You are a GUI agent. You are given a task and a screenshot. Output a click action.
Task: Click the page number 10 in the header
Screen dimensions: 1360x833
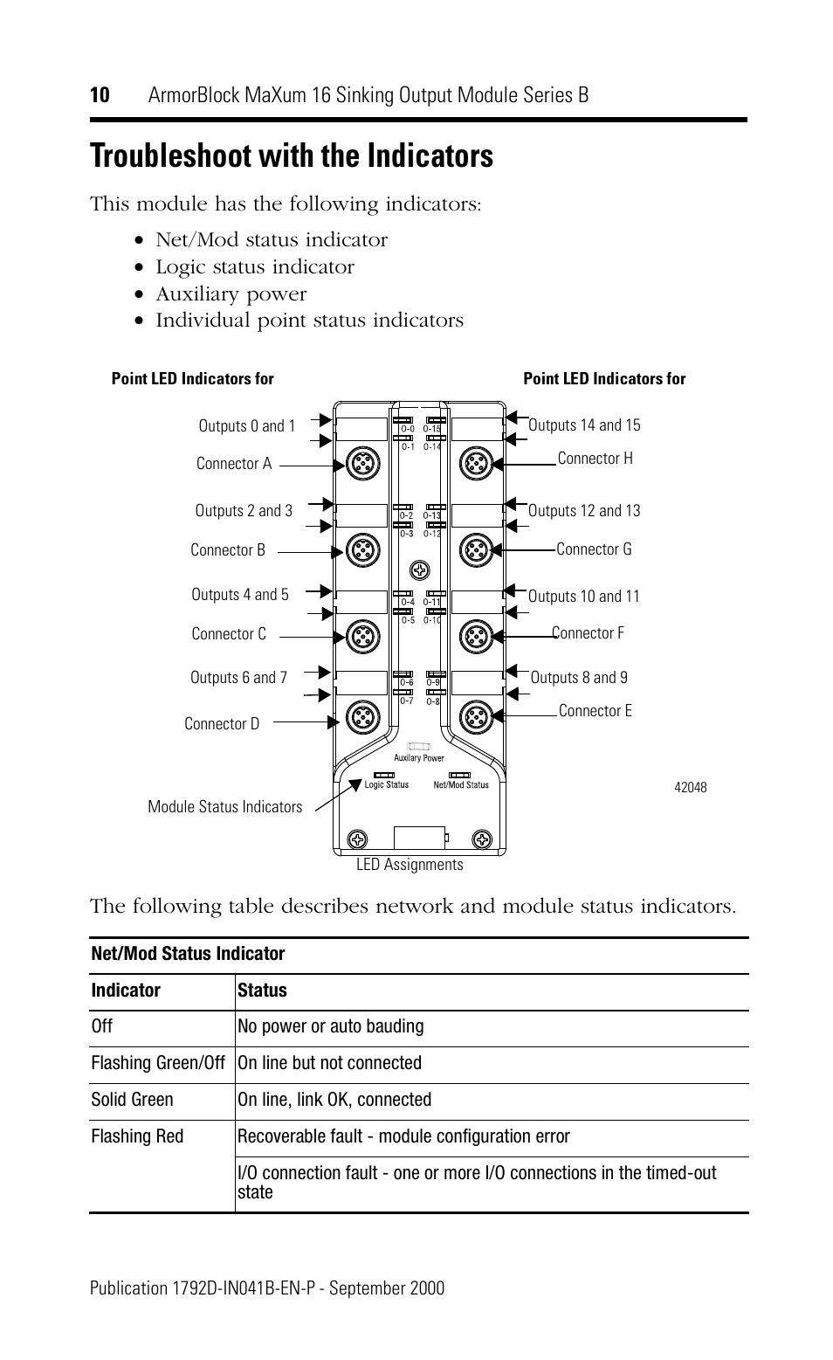pyautogui.click(x=100, y=95)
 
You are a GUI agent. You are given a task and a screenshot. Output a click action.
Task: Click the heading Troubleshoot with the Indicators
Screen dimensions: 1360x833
pyautogui.click(x=291, y=156)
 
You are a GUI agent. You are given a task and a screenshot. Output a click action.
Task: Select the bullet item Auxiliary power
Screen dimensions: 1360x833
pyautogui.click(x=231, y=294)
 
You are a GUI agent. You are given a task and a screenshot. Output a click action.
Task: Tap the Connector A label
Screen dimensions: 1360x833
pyautogui.click(x=233, y=464)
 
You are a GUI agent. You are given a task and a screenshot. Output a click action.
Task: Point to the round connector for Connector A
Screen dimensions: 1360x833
pyautogui.click(x=361, y=464)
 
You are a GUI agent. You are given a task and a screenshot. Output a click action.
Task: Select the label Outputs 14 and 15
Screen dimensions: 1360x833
pyautogui.click(x=584, y=425)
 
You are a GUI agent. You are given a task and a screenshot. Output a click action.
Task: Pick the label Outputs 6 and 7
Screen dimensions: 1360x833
pyautogui.click(x=238, y=678)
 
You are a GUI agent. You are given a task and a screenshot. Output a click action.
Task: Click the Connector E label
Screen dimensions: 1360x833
pyautogui.click(x=595, y=711)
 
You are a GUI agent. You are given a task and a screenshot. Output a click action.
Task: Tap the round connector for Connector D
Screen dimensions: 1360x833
pyautogui.click(x=361, y=717)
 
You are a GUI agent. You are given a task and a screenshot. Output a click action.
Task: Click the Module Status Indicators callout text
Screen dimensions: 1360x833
pyautogui.click(x=224, y=807)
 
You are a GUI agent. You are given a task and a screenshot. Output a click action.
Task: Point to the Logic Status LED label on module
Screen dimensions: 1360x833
pyautogui.click(x=386, y=785)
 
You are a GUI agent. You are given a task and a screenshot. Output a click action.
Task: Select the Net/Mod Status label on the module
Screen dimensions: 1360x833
pyautogui.click(x=461, y=785)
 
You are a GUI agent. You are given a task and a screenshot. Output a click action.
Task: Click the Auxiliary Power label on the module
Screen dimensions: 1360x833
pyautogui.click(x=419, y=758)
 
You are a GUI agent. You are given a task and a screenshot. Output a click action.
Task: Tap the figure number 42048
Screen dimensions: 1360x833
pyautogui.click(x=690, y=787)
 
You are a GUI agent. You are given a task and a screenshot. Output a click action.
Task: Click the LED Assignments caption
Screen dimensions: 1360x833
pyautogui.click(x=410, y=865)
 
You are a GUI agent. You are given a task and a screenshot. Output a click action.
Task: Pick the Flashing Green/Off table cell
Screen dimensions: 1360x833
pyautogui.click(x=158, y=1063)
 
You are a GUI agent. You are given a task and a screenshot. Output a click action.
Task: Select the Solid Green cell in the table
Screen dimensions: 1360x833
pyautogui.click(x=132, y=1100)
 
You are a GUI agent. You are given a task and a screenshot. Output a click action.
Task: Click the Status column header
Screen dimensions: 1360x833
pyautogui.click(x=262, y=991)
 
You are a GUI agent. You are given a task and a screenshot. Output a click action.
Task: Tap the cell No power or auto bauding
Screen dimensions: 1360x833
pyautogui.click(x=330, y=1026)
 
